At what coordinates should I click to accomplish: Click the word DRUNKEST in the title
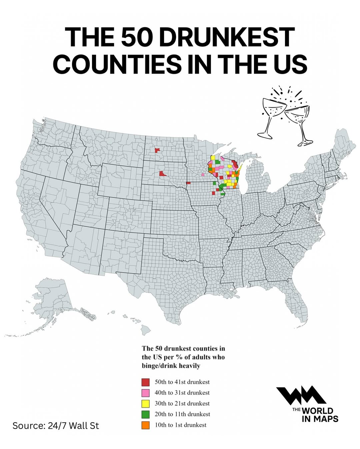(227, 37)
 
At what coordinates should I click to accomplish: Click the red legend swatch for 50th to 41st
(145, 382)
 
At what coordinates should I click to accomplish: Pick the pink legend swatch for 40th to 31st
(145, 393)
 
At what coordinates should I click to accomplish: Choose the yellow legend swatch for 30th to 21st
(145, 403)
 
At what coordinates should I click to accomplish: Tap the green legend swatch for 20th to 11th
(145, 414)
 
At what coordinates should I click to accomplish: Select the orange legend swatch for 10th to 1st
(145, 425)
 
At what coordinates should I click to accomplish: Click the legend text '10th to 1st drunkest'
(180, 425)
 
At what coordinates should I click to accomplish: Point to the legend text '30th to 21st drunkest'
(182, 403)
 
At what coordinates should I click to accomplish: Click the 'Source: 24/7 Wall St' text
(56, 426)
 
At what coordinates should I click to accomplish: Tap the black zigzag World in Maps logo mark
(301, 395)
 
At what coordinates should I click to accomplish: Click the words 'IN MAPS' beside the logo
(320, 419)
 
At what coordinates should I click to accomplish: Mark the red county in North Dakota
(157, 150)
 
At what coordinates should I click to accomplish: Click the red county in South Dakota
(162, 174)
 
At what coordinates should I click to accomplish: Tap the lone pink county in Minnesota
(203, 174)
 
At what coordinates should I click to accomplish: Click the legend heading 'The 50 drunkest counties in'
(183, 348)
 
